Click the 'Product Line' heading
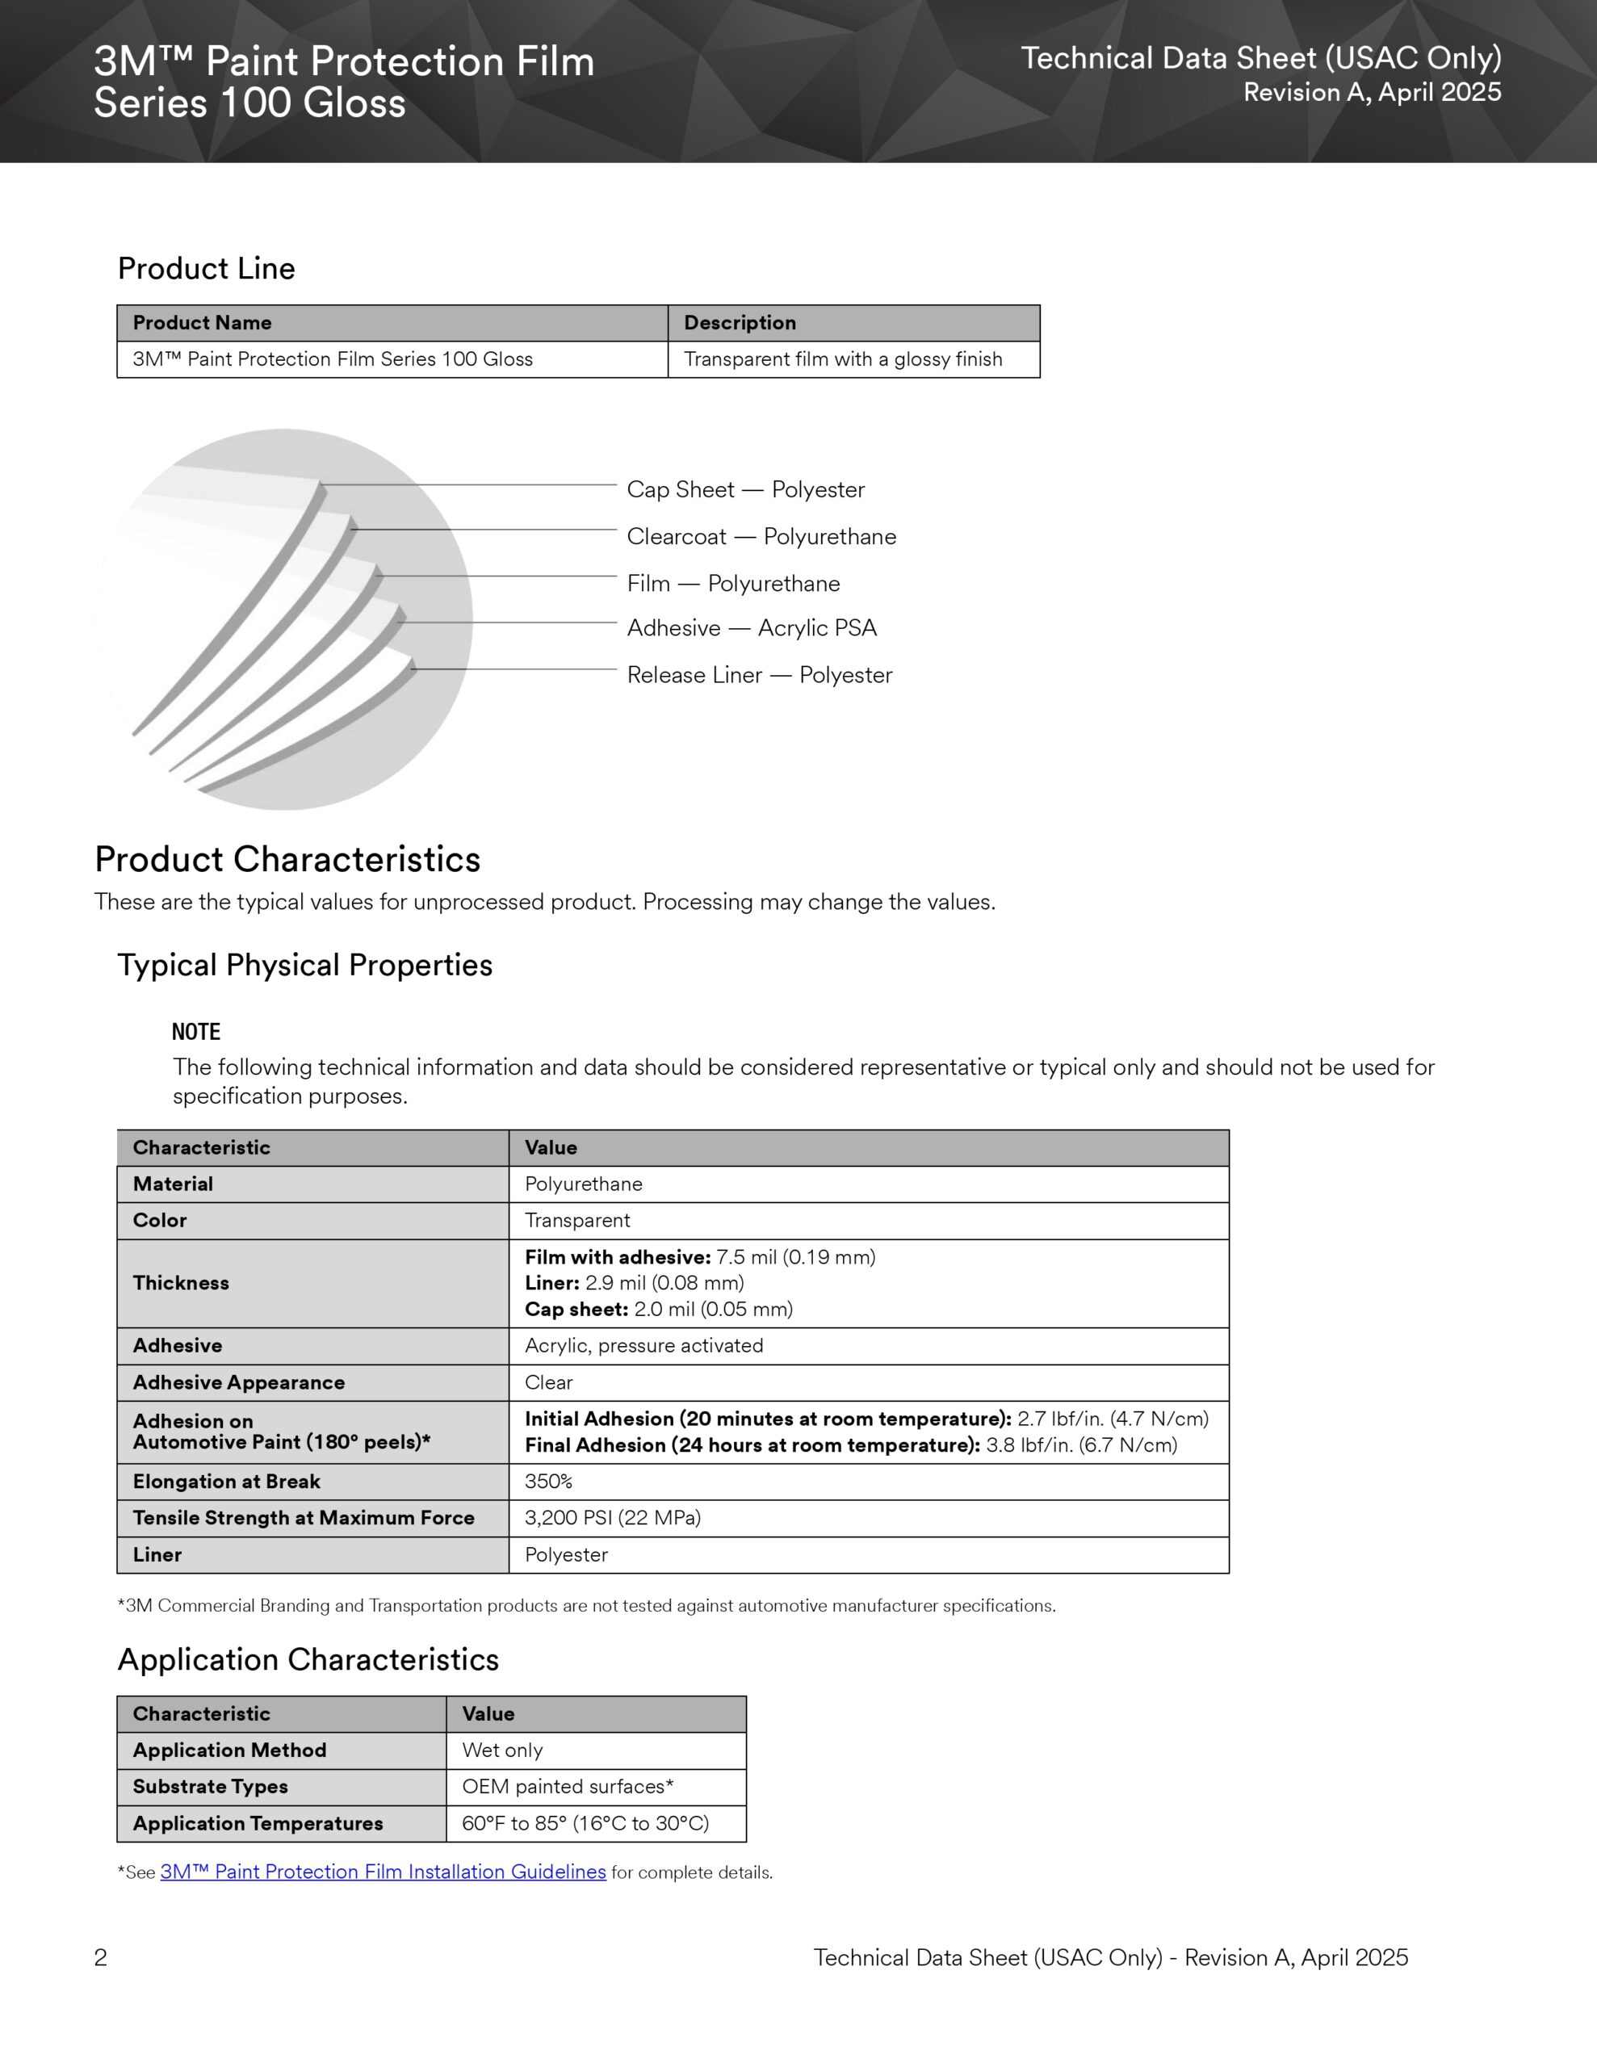pos(207,269)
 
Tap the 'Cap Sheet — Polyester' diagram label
pos(745,490)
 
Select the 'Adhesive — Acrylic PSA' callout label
pos(752,628)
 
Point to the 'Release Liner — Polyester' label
pos(759,676)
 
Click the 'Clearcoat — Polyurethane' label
pos(761,537)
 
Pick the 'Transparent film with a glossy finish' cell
pos(843,359)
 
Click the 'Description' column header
pos(740,323)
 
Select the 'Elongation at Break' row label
pos(226,1481)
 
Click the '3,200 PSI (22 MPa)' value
pos(613,1518)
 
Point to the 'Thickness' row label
pos(181,1283)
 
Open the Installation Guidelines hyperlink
pos(384,1872)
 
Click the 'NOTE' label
pos(196,1033)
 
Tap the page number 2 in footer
pos(100,1957)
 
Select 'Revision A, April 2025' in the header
pos(1372,93)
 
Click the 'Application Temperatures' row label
pos(258,1824)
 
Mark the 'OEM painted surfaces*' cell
pos(567,1787)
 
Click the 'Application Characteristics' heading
pos(308,1660)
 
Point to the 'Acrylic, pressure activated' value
pos(643,1346)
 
